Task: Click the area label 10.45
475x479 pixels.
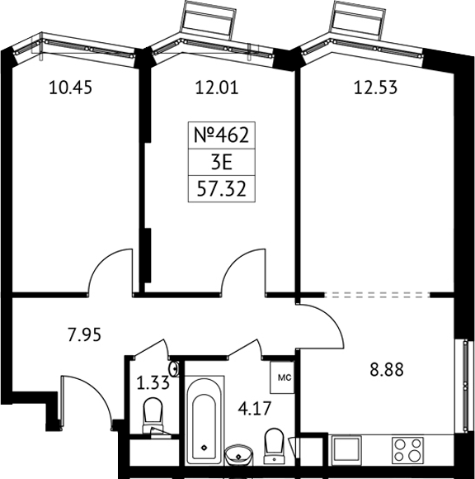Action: point(70,88)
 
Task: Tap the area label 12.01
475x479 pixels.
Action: point(217,88)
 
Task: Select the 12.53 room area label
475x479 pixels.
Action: point(375,88)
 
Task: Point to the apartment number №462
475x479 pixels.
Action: point(222,135)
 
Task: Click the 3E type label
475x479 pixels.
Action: point(222,163)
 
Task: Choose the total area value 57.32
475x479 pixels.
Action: point(222,189)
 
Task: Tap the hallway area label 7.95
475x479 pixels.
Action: point(84,334)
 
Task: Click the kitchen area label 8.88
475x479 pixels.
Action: point(387,369)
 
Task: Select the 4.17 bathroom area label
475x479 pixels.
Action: point(255,409)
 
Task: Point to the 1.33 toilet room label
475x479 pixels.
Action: point(153,382)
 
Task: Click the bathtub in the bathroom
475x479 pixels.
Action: point(205,421)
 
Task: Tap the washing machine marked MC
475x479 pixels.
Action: point(282,377)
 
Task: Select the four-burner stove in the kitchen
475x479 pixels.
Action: point(407,451)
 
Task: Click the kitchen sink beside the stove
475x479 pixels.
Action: point(346,450)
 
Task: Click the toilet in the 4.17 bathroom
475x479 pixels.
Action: point(275,445)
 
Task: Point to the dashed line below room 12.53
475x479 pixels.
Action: point(377,295)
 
